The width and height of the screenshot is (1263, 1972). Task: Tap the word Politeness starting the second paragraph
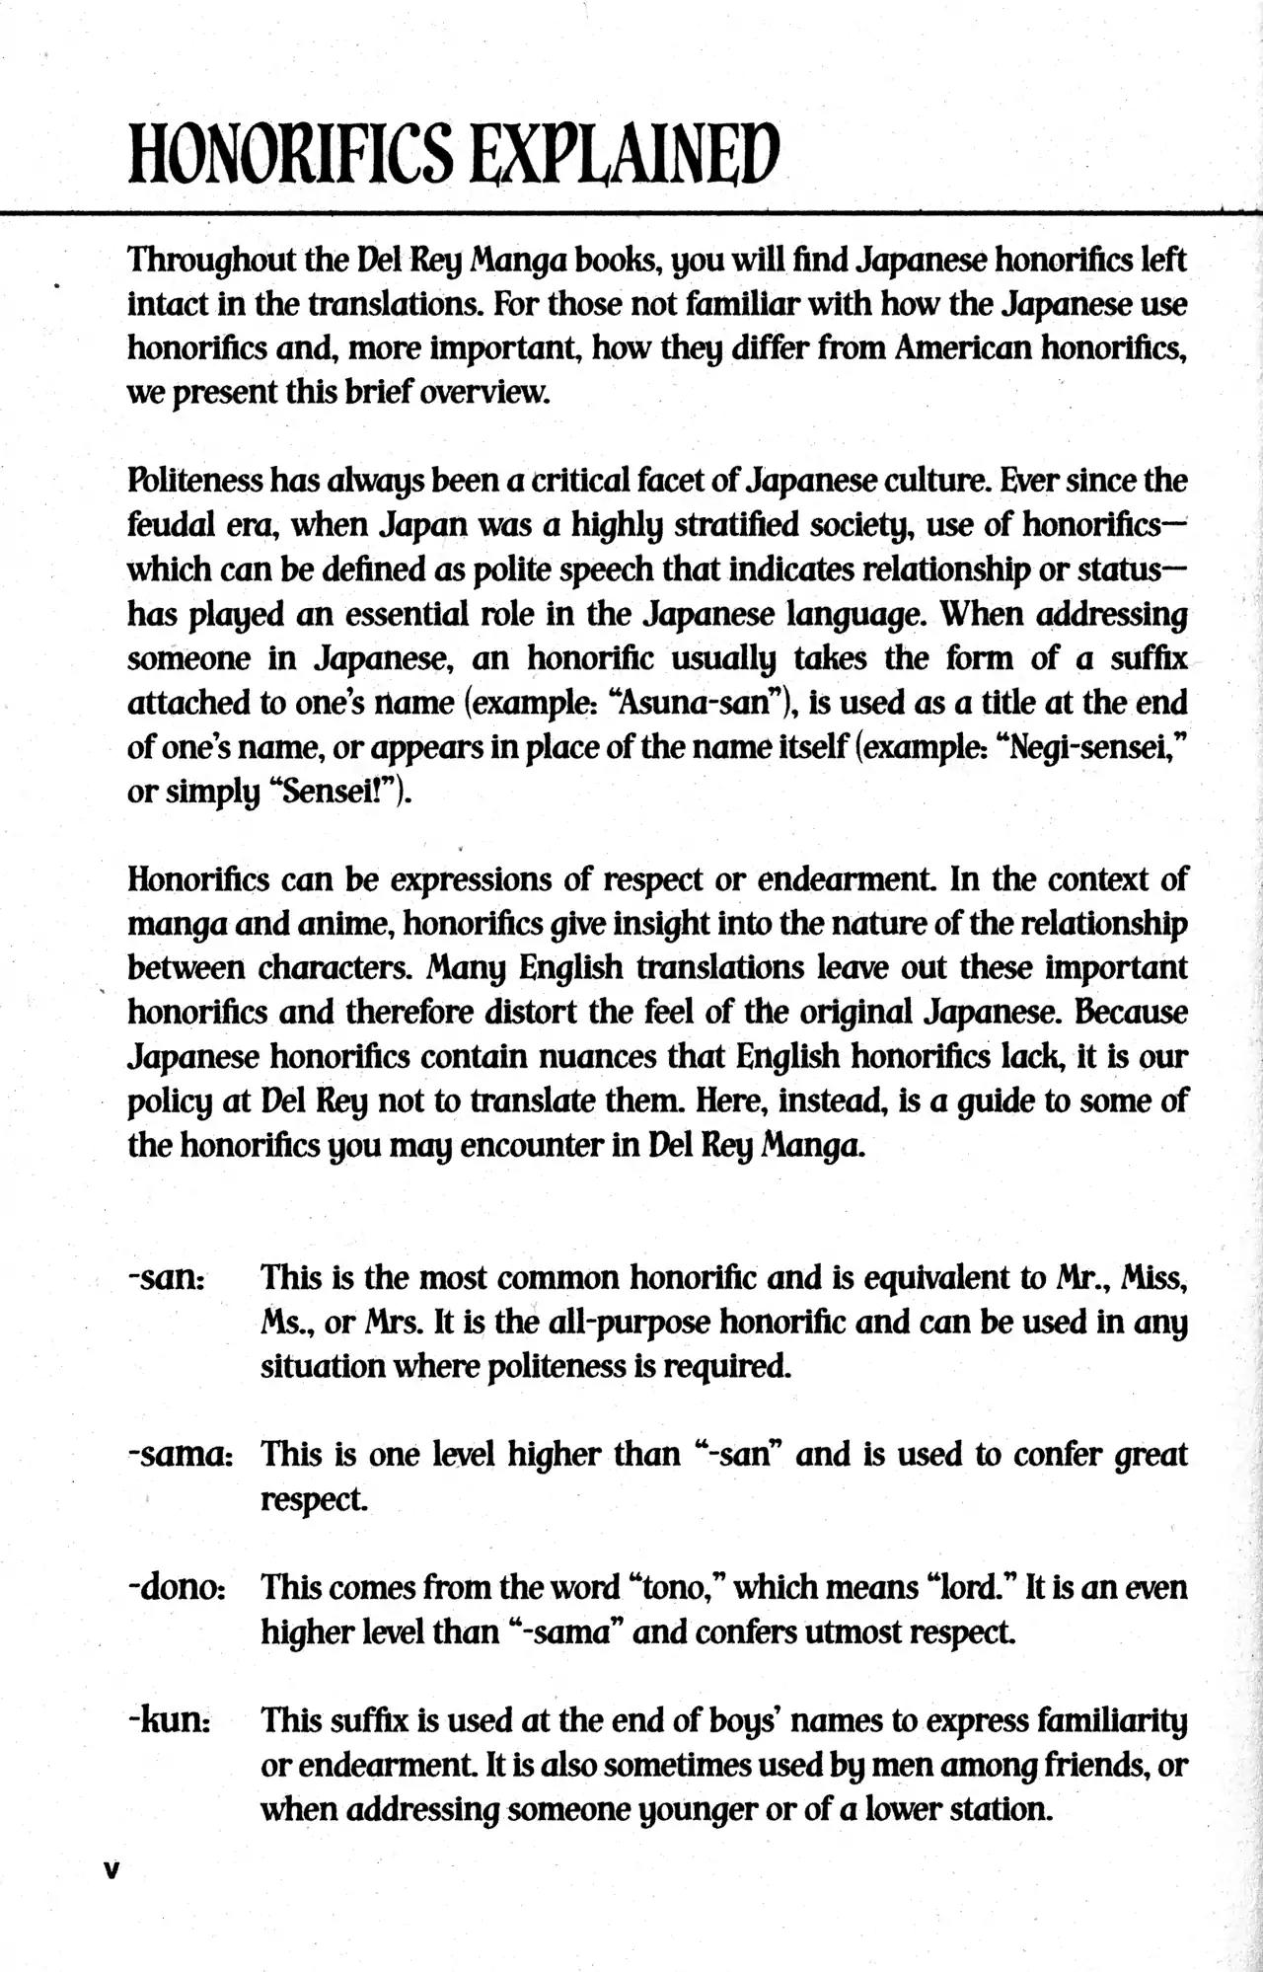coord(194,481)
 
